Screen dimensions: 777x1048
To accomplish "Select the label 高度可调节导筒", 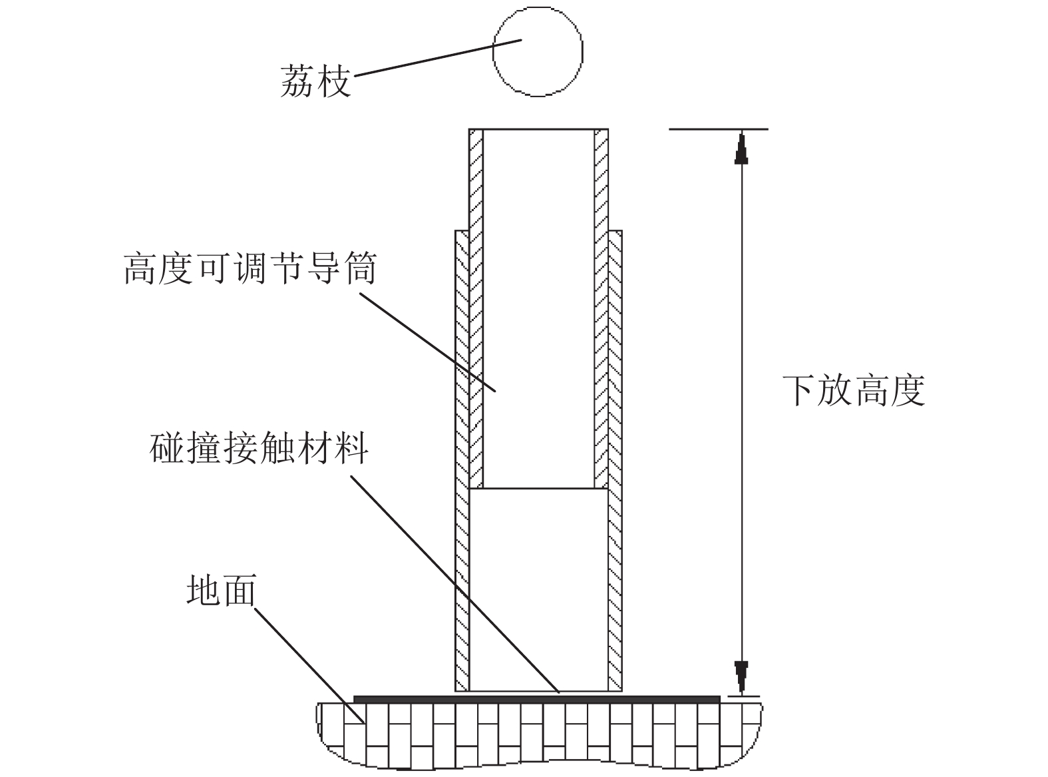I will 250,268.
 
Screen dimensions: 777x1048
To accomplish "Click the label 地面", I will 221,590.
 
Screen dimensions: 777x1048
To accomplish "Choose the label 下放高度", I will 854,390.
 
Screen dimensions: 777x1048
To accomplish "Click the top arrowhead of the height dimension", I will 741,148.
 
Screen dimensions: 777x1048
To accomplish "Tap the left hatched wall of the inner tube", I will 476,306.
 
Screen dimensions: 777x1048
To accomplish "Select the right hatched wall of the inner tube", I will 601,306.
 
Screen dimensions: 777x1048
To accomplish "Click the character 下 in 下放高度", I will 799,390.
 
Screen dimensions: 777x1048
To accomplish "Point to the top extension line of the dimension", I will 719,129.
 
